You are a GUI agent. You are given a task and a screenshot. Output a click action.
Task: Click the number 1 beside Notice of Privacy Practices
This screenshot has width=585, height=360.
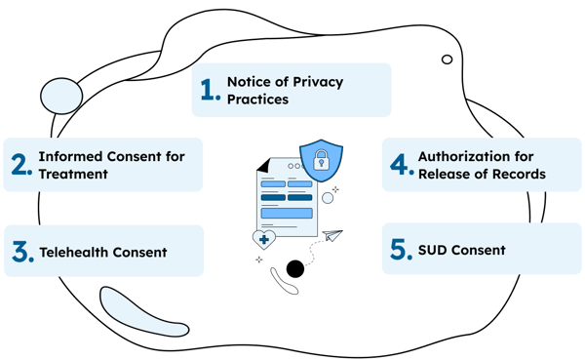(x=206, y=91)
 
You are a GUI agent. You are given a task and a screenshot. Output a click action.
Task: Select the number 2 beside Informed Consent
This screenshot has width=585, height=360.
(x=20, y=164)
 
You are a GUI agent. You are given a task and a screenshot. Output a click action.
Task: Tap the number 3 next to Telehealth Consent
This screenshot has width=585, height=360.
(x=20, y=252)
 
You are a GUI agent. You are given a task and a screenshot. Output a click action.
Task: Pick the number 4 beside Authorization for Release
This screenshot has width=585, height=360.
(x=398, y=164)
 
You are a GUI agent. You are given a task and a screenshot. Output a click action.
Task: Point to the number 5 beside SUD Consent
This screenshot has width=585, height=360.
(x=397, y=250)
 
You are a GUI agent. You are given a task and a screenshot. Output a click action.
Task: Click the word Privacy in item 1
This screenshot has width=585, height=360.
(x=309, y=82)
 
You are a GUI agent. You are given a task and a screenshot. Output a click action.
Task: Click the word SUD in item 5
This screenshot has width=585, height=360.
(x=432, y=250)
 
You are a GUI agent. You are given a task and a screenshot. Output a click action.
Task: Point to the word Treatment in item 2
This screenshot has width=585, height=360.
(x=72, y=174)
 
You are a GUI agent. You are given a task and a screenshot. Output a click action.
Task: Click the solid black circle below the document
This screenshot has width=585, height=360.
(x=293, y=268)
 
